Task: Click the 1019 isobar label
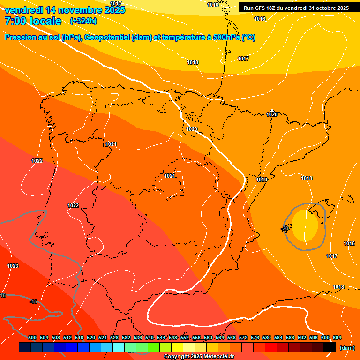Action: point(262,180)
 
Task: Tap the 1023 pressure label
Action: point(13,266)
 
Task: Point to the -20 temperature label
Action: point(285,228)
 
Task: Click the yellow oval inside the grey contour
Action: point(305,225)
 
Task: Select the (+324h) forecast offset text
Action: point(83,21)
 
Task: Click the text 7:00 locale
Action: point(33,21)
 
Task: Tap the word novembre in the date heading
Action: point(76,10)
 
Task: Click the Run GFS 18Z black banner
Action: point(296,8)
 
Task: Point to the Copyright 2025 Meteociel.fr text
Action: point(199,357)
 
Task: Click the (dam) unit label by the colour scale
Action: point(347,348)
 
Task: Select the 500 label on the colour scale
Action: point(32,337)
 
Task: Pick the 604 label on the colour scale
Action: point(337,337)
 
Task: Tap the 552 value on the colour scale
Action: point(185,337)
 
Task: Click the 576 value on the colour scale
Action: point(255,337)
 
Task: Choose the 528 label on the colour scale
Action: point(114,337)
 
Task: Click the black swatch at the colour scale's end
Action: point(330,347)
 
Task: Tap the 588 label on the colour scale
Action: point(290,337)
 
